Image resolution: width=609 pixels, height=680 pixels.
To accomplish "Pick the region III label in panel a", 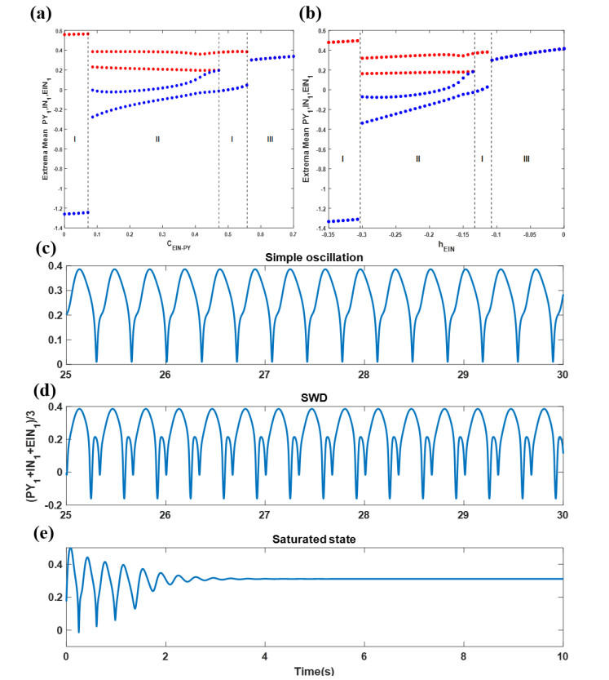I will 270,139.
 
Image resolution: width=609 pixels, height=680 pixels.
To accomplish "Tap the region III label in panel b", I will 527,158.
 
